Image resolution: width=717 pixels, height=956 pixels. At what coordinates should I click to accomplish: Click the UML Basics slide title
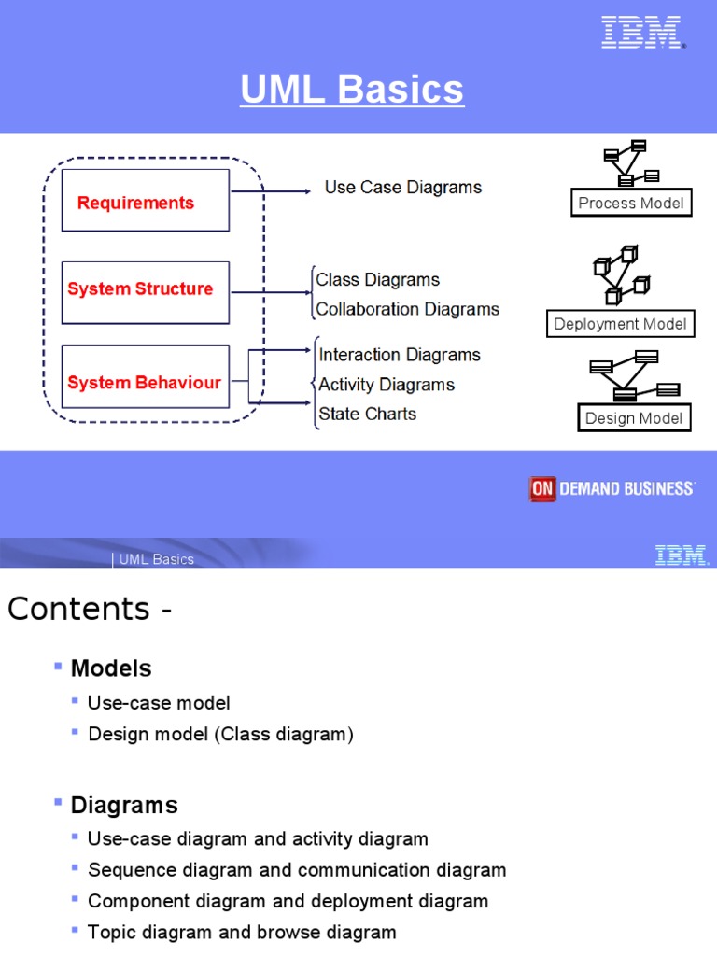click(352, 91)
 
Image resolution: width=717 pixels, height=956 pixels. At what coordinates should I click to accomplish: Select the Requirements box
click(145, 201)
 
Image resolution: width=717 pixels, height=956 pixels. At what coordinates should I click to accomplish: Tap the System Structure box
click(145, 291)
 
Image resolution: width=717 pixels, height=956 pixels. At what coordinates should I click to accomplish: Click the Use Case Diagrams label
click(402, 188)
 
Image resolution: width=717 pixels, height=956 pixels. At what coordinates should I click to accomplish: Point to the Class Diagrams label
click(377, 279)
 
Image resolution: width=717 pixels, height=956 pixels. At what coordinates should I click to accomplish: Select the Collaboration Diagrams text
click(407, 309)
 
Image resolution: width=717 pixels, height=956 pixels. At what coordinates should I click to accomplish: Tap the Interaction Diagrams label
click(400, 355)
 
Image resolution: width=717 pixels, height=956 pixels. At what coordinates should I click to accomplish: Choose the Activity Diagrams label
click(387, 385)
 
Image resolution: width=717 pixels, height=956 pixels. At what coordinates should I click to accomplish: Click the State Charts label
click(368, 414)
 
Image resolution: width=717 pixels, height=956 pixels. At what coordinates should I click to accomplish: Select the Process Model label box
click(631, 204)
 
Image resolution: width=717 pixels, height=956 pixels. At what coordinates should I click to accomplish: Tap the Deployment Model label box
click(620, 325)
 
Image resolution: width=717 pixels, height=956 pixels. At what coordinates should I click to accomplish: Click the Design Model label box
click(634, 418)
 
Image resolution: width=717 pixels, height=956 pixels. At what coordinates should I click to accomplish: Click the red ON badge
click(542, 489)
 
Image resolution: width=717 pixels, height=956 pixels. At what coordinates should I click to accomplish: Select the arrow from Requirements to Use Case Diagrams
click(271, 191)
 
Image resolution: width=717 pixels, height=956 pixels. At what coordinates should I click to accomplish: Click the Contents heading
click(90, 609)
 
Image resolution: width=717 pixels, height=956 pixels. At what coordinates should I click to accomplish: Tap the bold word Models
click(111, 668)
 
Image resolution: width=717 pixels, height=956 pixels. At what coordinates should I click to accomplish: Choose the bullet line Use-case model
click(159, 703)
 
